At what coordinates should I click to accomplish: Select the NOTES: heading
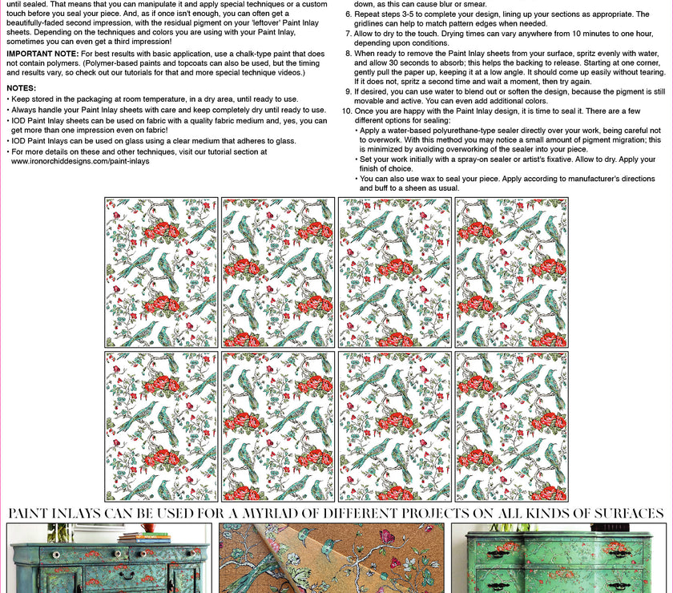tap(21, 87)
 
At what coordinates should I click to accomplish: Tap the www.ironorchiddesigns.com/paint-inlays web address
tap(80, 161)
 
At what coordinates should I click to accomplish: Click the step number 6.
tap(348, 14)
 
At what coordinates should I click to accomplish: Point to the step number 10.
tap(346, 111)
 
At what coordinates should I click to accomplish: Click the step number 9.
tap(348, 91)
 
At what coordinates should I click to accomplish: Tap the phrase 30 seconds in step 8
tap(421, 63)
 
